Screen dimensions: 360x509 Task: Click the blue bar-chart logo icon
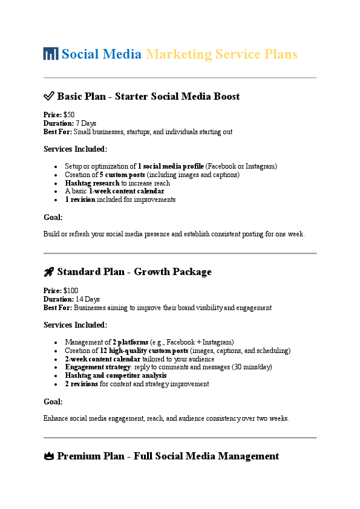click(x=51, y=54)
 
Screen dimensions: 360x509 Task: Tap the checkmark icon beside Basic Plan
click(x=49, y=97)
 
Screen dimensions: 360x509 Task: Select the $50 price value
click(x=69, y=115)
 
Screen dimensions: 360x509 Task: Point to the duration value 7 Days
click(x=86, y=123)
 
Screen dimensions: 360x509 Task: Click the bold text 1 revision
click(x=80, y=199)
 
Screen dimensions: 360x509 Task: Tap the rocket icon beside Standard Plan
click(x=49, y=272)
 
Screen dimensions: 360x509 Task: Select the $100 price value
click(x=71, y=291)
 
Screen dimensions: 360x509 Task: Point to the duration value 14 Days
click(x=88, y=299)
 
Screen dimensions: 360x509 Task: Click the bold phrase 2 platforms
click(x=130, y=342)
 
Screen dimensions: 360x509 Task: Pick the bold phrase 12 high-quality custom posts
click(x=144, y=351)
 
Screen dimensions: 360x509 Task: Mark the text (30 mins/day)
click(x=247, y=367)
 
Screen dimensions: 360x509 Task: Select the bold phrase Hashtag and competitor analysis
click(x=116, y=375)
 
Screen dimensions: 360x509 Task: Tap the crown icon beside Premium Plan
click(x=49, y=456)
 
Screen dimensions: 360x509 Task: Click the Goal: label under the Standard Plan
click(x=53, y=401)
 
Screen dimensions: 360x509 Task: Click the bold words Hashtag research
click(x=92, y=183)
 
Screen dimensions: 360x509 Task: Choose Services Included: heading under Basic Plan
click(x=76, y=149)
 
